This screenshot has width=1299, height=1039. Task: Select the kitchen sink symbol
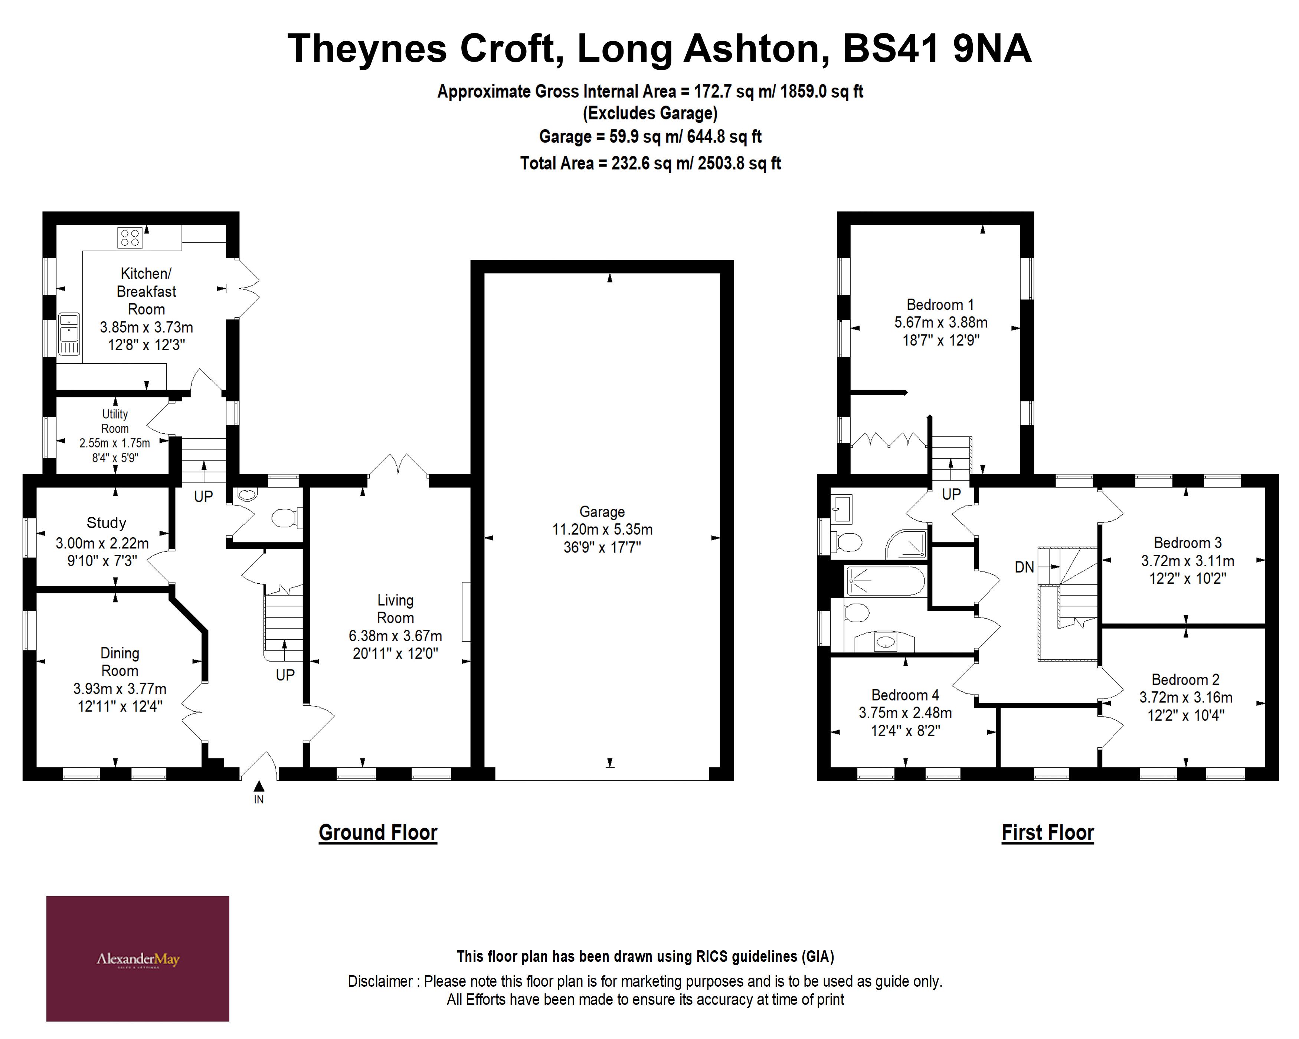[x=69, y=334]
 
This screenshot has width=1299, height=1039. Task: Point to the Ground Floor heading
[x=378, y=832]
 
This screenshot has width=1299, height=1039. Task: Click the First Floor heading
[x=1047, y=832]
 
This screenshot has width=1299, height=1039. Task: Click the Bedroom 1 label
[x=940, y=305]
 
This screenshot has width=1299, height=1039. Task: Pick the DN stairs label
[x=1024, y=567]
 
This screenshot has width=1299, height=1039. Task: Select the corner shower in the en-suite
[x=906, y=544]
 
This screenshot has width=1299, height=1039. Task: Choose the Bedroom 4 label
[x=904, y=695]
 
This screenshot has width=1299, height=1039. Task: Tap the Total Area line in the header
[x=650, y=163]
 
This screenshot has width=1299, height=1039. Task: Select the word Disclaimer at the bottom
[x=380, y=981]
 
